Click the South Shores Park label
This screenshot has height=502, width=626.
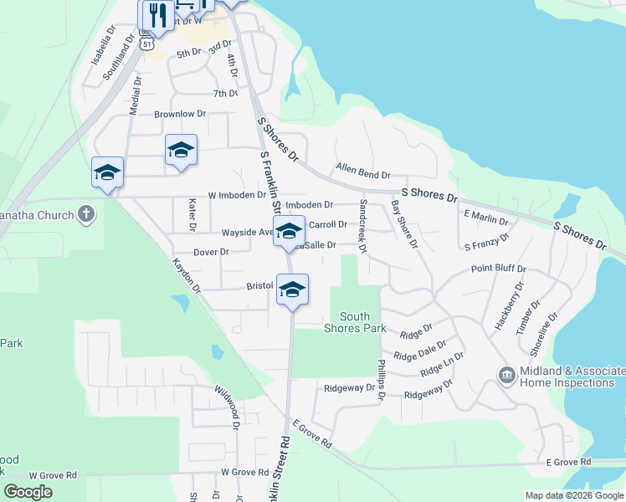tap(362, 322)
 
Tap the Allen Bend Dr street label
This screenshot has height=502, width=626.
tap(363, 172)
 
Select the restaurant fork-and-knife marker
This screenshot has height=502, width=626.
tap(157, 13)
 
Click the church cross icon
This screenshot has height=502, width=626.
tap(85, 215)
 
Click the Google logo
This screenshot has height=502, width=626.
tap(28, 492)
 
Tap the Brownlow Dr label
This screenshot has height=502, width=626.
tap(179, 114)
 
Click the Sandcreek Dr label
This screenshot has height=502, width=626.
tap(362, 225)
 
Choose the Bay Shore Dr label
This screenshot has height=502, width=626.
tap(403, 223)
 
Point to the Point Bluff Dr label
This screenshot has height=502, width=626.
tap(498, 269)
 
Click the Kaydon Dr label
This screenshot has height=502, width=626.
tap(187, 274)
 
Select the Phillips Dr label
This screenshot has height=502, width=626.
tap(381, 379)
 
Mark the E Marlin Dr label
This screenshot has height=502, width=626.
tap(485, 218)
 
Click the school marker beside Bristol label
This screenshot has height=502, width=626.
tap(292, 289)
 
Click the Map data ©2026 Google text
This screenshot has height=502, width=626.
tap(575, 495)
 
